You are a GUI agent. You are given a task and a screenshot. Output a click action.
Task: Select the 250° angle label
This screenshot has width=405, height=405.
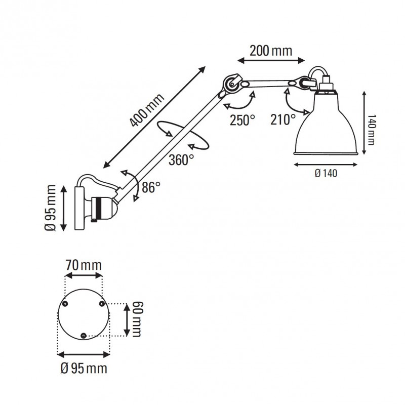point(242,120)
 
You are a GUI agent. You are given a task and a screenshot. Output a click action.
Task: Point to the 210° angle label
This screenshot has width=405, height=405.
point(283,120)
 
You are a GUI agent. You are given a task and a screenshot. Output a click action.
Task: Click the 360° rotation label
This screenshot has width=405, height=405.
point(181,160)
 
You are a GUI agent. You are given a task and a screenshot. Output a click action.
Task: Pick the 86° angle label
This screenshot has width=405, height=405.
point(151,187)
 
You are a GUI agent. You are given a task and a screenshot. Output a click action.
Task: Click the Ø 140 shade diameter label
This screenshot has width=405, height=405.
point(326,173)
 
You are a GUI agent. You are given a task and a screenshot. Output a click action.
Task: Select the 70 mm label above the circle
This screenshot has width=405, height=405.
point(83,264)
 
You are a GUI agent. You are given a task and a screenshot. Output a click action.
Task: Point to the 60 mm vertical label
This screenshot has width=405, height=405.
point(136,318)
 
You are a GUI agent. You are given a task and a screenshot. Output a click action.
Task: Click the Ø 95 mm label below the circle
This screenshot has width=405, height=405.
point(83,369)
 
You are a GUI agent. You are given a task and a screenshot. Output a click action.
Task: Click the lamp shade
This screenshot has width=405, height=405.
point(327,127)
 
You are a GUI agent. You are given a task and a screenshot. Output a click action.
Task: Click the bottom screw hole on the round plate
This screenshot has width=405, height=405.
point(84,334)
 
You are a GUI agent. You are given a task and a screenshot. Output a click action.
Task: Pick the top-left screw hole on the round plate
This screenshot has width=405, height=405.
point(65,303)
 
